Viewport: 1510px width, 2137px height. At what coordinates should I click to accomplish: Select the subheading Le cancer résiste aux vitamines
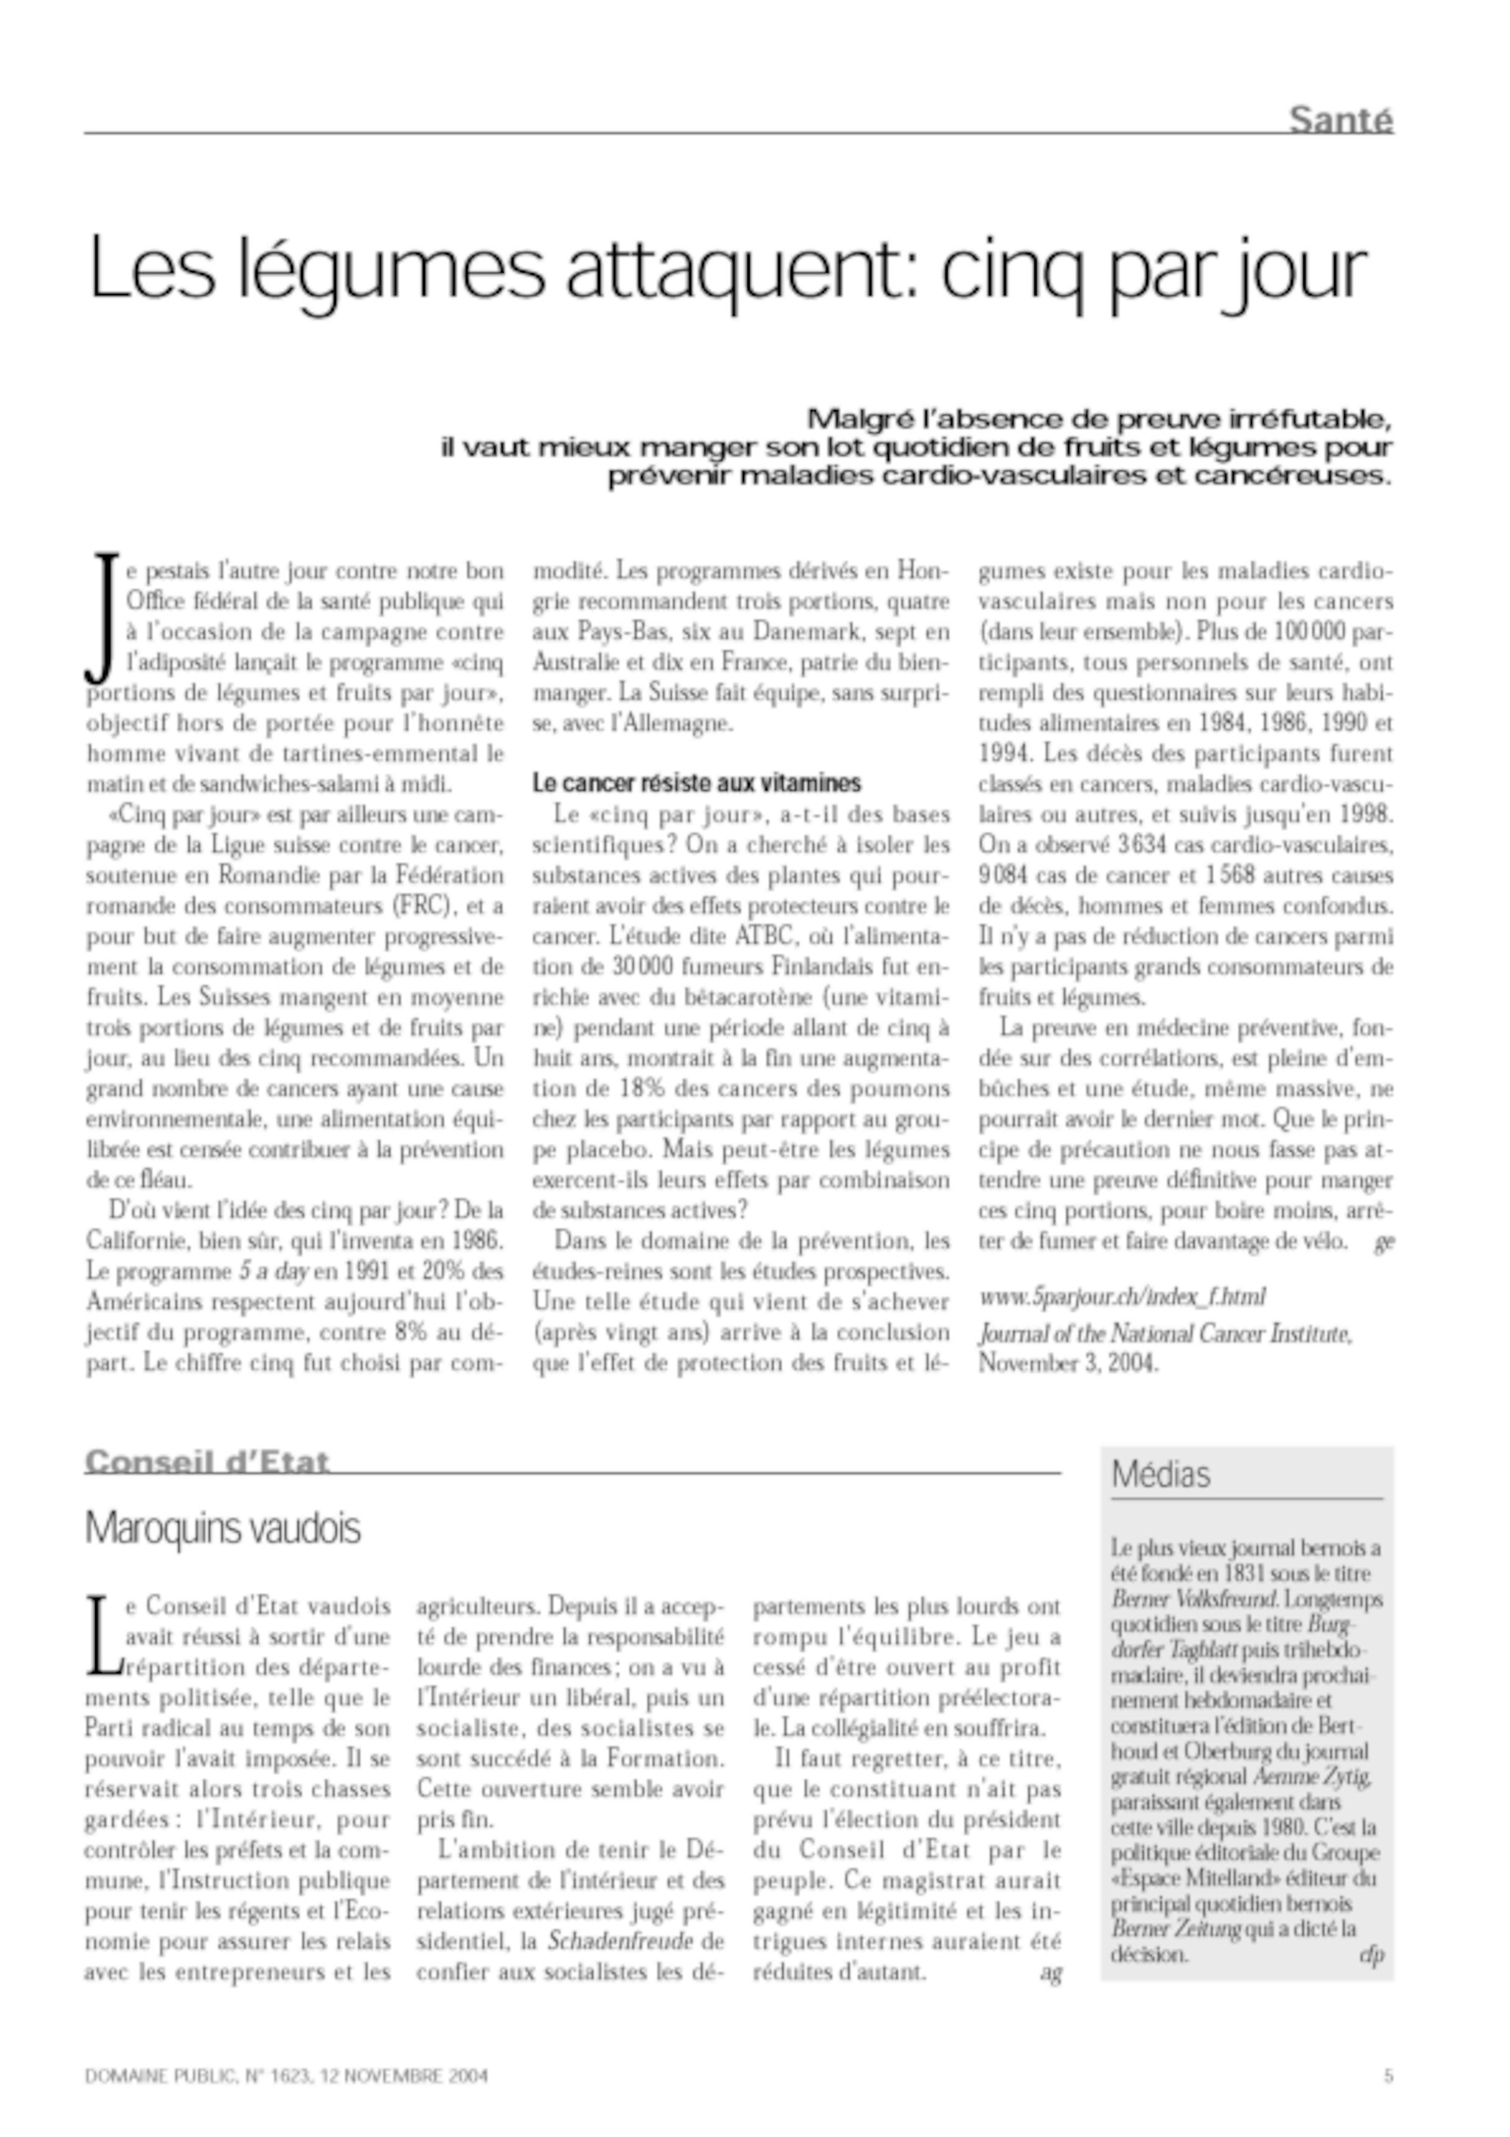click(697, 783)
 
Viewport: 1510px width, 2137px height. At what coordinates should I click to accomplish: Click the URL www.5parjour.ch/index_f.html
click(1121, 1297)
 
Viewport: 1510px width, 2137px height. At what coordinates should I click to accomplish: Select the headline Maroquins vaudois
click(223, 1528)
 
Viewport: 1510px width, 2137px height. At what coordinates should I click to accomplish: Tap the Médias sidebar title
click(1161, 1474)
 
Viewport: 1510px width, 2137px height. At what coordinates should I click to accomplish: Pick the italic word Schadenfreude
click(621, 1941)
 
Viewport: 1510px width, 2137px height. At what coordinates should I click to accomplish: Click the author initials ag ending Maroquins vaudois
click(1050, 1972)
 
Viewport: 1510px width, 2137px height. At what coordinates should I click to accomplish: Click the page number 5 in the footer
click(1388, 2076)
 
